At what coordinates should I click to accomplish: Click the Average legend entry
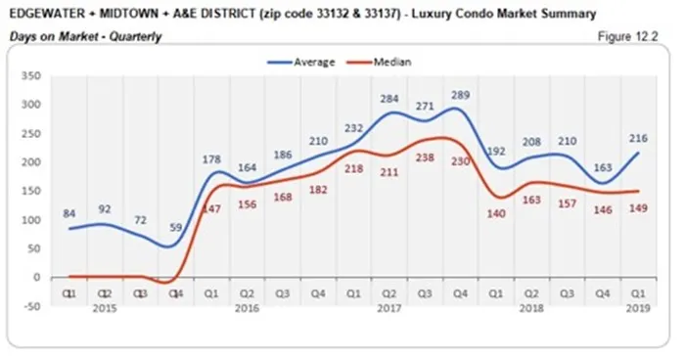(x=311, y=61)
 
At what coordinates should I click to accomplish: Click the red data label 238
(x=424, y=157)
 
